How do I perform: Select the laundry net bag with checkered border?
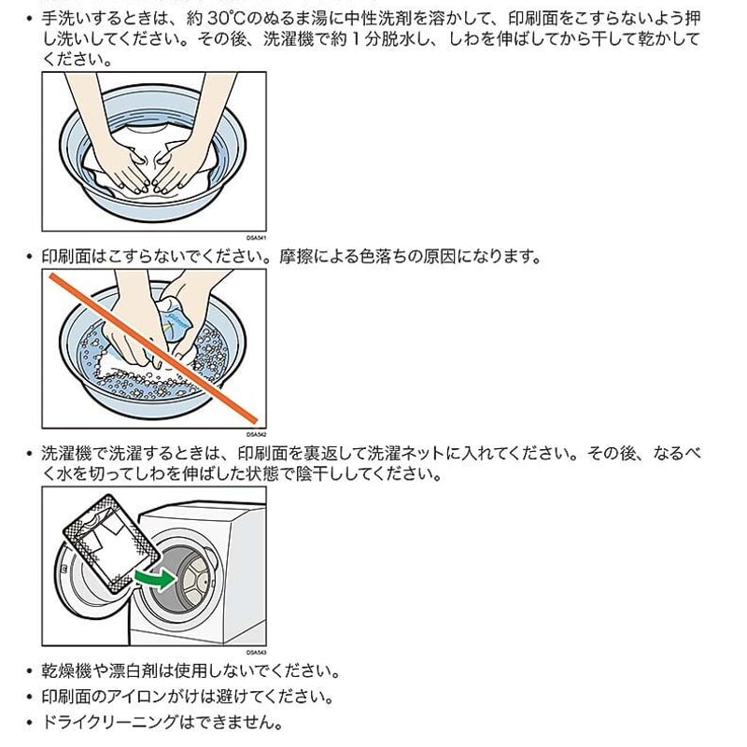click(112, 544)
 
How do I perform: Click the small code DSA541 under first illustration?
click(256, 237)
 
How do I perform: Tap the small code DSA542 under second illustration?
click(256, 434)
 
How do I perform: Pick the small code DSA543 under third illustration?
click(256, 652)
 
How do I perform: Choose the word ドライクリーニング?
click(110, 722)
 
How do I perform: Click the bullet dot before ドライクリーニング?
click(30, 723)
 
